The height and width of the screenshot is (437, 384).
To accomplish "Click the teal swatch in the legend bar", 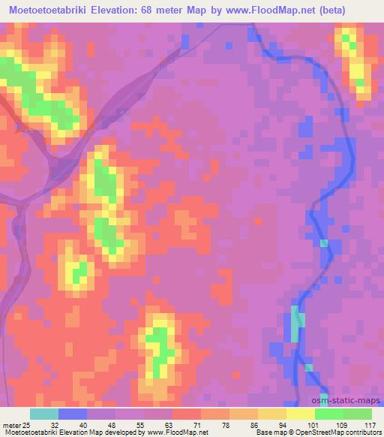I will pos(44,414).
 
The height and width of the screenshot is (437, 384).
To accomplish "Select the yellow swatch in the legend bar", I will pos(299,414).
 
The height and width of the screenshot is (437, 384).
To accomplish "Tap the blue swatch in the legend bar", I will pos(73,414).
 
